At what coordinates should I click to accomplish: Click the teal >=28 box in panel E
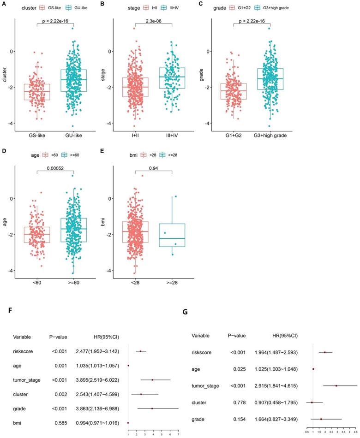point(172,235)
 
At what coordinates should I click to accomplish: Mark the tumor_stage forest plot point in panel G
point(336,385)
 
